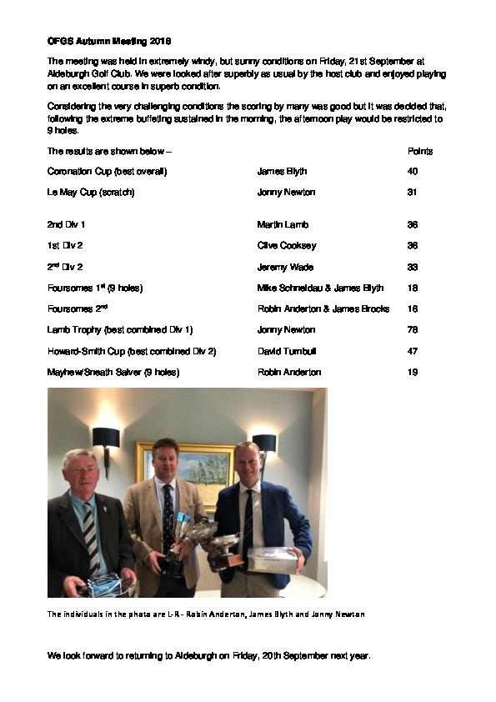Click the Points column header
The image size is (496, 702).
coord(420,152)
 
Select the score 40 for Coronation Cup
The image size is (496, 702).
coord(413,172)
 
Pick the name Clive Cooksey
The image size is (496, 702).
coord(287,246)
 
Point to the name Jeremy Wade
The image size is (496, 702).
coord(285,267)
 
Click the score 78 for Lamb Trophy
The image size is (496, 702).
coord(413,330)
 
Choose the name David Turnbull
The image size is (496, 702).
coord(287,351)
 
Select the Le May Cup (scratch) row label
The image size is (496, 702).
coord(91,193)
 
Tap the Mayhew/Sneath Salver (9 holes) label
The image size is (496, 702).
coord(113,372)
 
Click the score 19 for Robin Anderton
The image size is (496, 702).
coord(413,372)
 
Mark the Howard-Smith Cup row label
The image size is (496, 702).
coord(132,351)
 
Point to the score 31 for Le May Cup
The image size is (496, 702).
coord(413,193)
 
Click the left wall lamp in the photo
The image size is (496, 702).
coord(106,439)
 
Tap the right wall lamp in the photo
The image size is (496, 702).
coord(263,444)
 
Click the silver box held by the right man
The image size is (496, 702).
coord(272,561)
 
